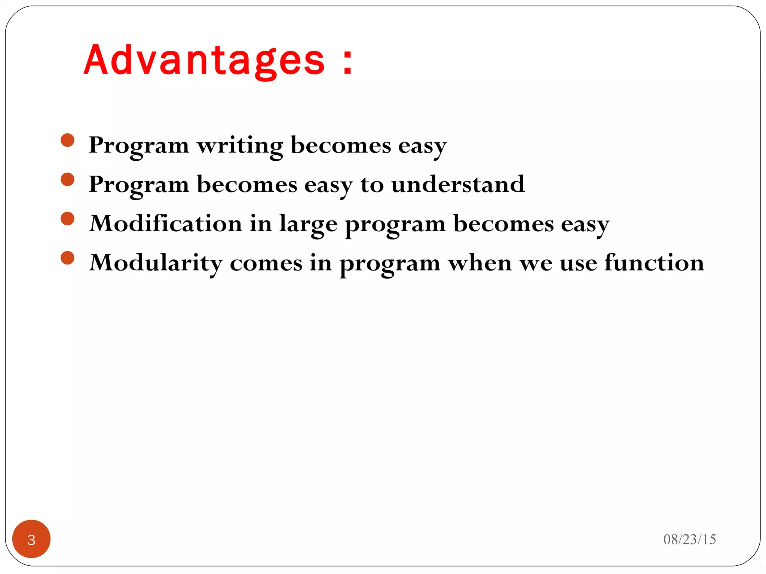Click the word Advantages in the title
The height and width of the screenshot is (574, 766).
204,61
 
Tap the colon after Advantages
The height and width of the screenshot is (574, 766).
348,62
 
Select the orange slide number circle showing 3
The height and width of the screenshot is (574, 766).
31,539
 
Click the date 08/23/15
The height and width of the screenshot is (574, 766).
689,540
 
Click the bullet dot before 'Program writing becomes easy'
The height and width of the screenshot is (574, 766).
68,141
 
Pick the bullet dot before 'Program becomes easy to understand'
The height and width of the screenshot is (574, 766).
68,180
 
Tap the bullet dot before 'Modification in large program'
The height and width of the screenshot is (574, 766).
68,219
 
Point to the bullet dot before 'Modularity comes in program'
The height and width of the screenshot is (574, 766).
68,258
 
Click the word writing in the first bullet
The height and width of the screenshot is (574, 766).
240,146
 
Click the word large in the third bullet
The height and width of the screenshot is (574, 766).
308,224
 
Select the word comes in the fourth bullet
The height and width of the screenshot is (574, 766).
266,263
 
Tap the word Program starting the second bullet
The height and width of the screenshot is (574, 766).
139,185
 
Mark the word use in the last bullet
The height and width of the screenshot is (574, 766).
578,263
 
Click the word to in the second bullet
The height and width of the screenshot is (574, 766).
372,185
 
